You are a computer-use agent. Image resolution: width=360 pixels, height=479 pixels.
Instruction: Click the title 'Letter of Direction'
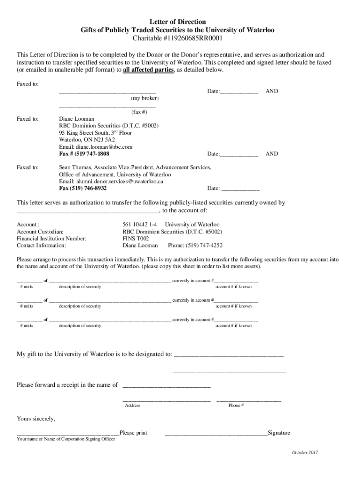click(177, 22)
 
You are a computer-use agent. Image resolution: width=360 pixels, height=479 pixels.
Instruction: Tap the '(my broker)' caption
click(145, 99)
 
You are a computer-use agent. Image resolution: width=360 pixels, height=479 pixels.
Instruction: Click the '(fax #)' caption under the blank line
click(139, 112)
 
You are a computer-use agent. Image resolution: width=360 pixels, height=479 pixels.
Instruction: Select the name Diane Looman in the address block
click(77, 119)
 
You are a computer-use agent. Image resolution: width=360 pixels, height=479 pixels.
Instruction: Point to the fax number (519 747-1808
click(84, 153)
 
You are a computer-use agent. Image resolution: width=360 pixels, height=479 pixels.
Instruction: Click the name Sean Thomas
click(75, 167)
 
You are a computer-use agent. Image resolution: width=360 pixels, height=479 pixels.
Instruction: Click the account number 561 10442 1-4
click(139, 225)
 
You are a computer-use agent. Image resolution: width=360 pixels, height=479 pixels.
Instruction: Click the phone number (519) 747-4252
click(204, 245)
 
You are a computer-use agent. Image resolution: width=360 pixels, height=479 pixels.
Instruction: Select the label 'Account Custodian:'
click(40, 232)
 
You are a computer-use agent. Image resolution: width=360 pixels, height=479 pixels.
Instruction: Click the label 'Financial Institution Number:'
click(51, 238)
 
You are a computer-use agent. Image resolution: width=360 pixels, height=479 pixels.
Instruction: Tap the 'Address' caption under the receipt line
click(133, 406)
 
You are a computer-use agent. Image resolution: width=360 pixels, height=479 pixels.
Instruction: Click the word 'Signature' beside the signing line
click(279, 433)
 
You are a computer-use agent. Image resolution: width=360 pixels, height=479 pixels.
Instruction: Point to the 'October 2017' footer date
click(305, 453)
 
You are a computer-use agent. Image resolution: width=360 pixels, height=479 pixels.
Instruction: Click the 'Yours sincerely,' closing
click(36, 418)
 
